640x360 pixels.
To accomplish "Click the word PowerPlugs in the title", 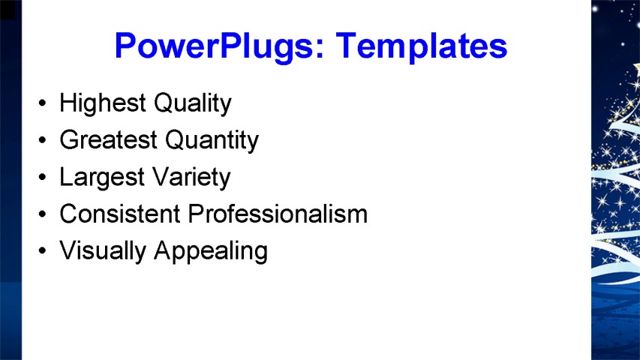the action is coord(220,46).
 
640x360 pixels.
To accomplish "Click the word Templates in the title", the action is coord(422,46).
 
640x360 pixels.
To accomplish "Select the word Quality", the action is coord(193,103).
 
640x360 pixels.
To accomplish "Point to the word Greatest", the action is coord(109,139).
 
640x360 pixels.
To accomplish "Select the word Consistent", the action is coord(120,214).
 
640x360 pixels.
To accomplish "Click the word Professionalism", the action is coord(278,214).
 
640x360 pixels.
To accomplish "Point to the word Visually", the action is coord(103,251).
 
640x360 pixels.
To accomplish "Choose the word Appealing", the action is coord(211,251).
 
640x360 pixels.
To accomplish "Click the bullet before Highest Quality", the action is coord(43,103).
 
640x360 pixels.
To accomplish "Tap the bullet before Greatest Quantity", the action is coord(43,140).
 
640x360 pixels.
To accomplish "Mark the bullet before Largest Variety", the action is coord(43,177).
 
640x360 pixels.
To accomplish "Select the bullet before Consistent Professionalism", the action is coord(43,214).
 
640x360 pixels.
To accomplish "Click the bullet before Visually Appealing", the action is coord(43,250).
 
